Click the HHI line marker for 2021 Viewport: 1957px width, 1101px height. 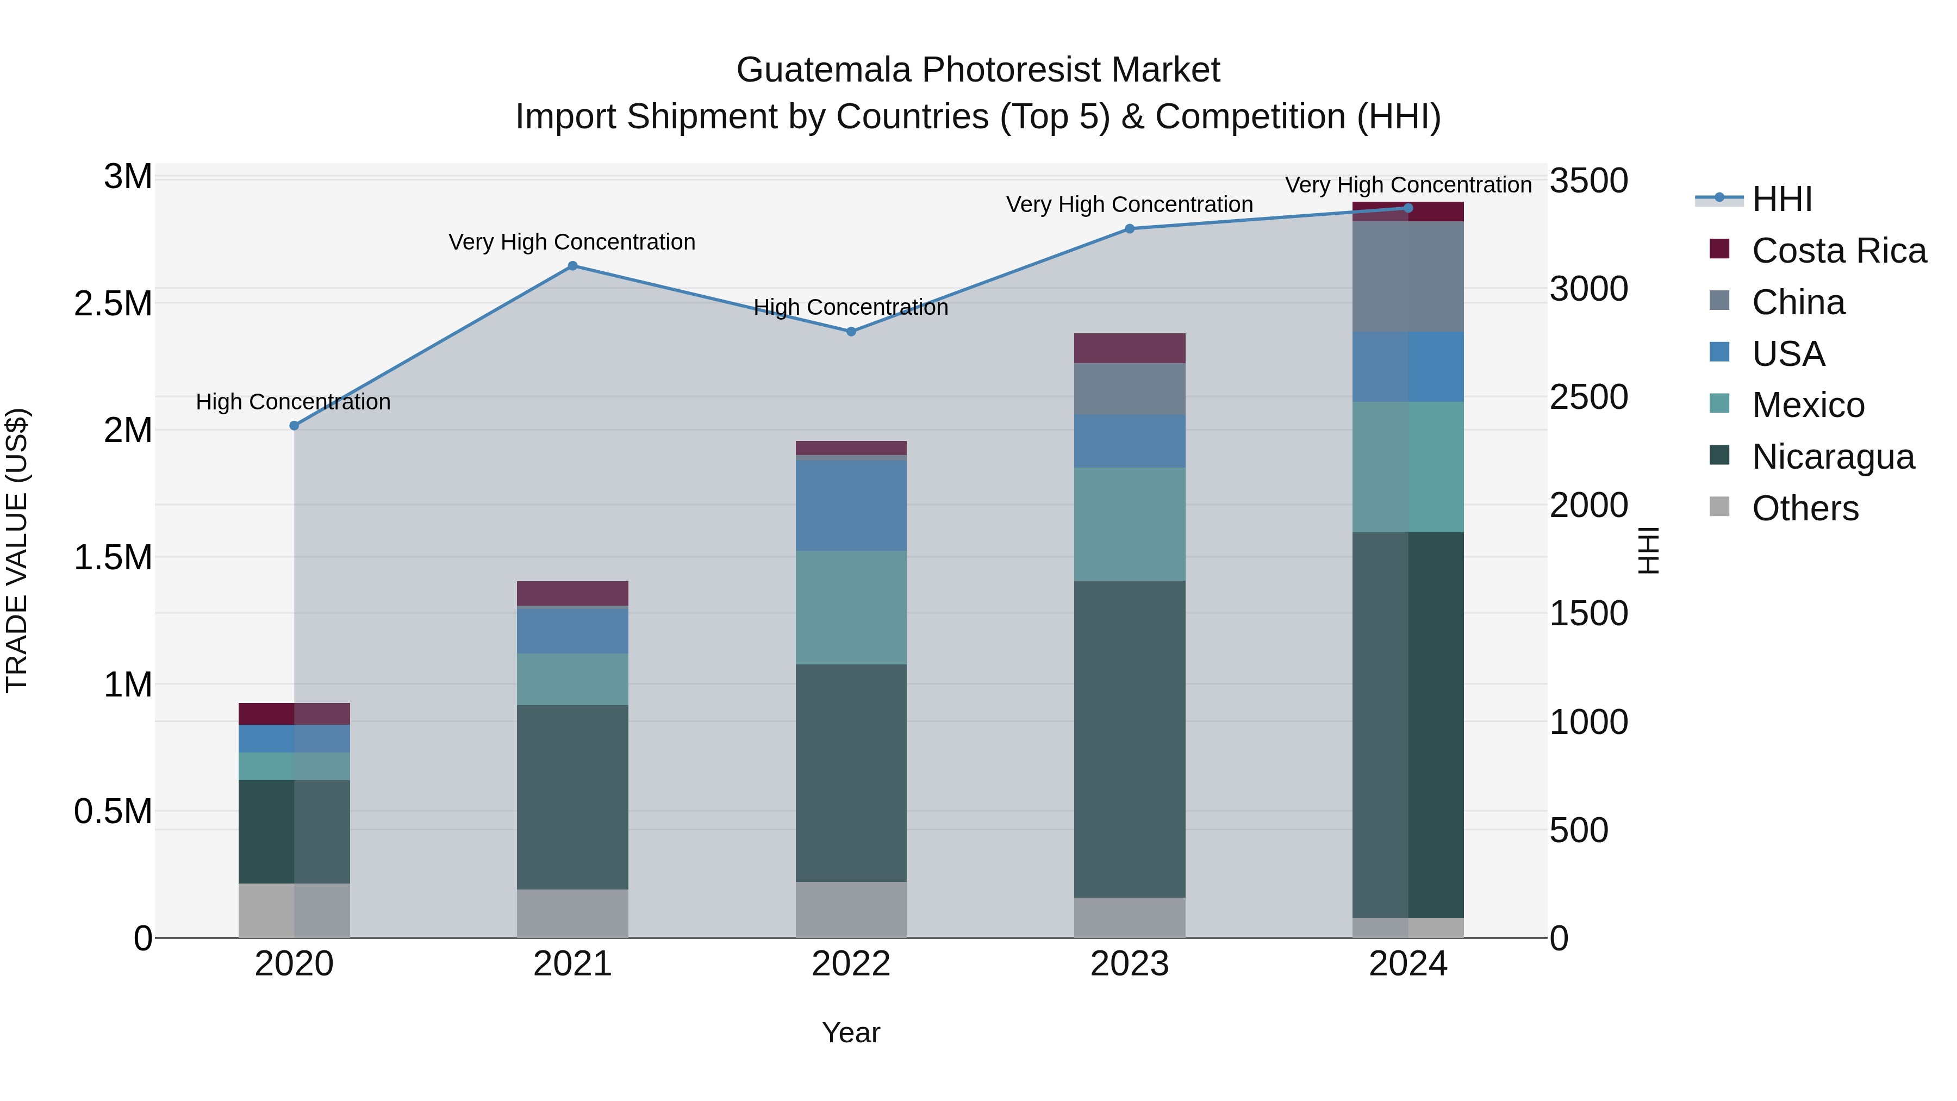pyautogui.click(x=573, y=266)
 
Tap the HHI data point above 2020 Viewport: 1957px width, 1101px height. pyautogui.click(x=295, y=426)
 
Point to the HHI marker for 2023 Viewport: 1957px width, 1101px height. pyautogui.click(x=1130, y=229)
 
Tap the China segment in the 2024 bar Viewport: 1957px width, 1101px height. pyautogui.click(x=1408, y=277)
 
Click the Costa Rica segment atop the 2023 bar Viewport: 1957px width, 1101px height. pyautogui.click(x=1130, y=348)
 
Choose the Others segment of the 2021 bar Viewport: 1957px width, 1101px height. pyautogui.click(x=573, y=913)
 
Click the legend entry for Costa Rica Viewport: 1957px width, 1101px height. pyautogui.click(x=1838, y=251)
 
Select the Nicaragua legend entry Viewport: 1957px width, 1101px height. pyautogui.click(x=1833, y=457)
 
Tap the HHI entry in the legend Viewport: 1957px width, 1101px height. pyautogui.click(x=1781, y=199)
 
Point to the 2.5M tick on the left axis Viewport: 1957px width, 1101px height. pyautogui.click(x=113, y=304)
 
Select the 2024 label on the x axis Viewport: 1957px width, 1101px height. pyautogui.click(x=1408, y=964)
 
